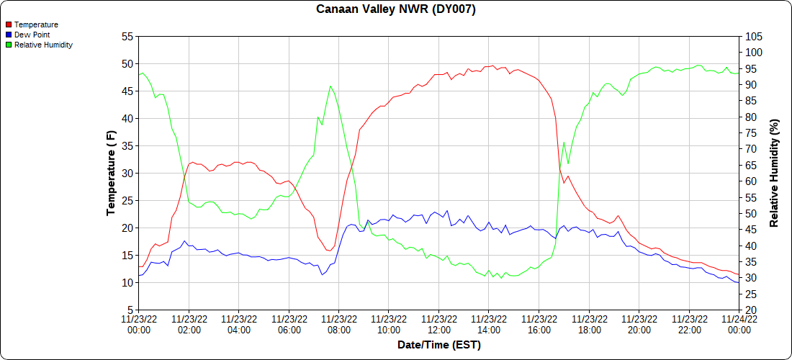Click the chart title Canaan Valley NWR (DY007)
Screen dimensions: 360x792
396,9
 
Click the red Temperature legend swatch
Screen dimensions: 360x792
8,24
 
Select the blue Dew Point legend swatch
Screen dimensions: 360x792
8,35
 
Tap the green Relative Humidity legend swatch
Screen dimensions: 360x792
8,45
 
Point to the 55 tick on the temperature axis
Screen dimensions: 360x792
127,36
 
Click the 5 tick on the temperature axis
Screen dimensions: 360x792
130,310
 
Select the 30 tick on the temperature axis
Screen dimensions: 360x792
127,173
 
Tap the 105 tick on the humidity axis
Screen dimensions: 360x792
755,36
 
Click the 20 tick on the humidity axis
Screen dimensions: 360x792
752,310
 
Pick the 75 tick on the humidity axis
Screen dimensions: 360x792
752,132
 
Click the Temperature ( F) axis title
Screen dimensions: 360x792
111,173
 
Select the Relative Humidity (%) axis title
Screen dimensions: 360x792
775,173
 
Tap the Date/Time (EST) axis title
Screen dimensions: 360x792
438,345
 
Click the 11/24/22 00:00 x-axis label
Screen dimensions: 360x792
739,324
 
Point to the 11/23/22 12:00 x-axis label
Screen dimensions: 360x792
438,324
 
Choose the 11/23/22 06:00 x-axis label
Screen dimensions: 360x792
289,324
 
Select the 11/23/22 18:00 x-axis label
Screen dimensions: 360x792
589,324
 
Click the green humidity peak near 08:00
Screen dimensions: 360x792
330,86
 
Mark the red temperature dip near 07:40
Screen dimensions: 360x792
329,251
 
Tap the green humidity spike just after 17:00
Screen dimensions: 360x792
564,142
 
